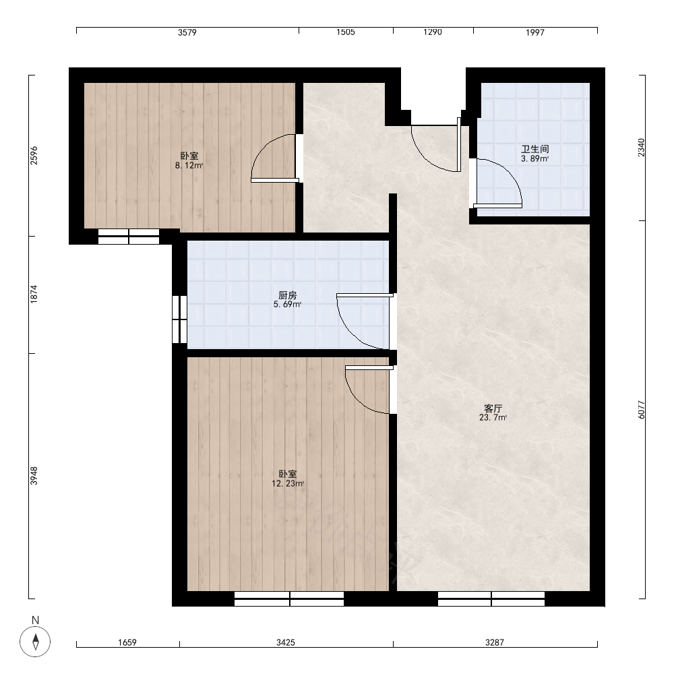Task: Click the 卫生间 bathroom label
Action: pyautogui.click(x=534, y=149)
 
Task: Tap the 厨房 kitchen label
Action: pyautogui.click(x=288, y=295)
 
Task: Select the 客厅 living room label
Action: pyautogui.click(x=493, y=408)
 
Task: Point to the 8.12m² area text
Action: pyautogui.click(x=189, y=166)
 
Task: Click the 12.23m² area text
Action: pyautogui.click(x=288, y=483)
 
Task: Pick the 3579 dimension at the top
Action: pyautogui.click(x=187, y=32)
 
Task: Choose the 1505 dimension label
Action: pyautogui.click(x=346, y=32)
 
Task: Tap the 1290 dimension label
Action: pyautogui.click(x=433, y=32)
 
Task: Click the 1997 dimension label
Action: pyautogui.click(x=535, y=32)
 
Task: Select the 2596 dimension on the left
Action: pyautogui.click(x=34, y=155)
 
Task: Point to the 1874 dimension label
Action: pyautogui.click(x=34, y=294)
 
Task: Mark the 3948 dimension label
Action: pyautogui.click(x=34, y=476)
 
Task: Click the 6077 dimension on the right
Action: pyautogui.click(x=642, y=410)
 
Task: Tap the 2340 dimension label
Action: pyautogui.click(x=642, y=148)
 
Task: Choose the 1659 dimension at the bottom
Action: pyautogui.click(x=127, y=642)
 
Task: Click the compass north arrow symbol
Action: pyautogui.click(x=36, y=642)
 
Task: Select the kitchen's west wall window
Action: pyautogui.click(x=179, y=319)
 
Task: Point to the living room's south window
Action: pyautogui.click(x=491, y=599)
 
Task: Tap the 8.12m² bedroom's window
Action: pyautogui.click(x=129, y=237)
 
